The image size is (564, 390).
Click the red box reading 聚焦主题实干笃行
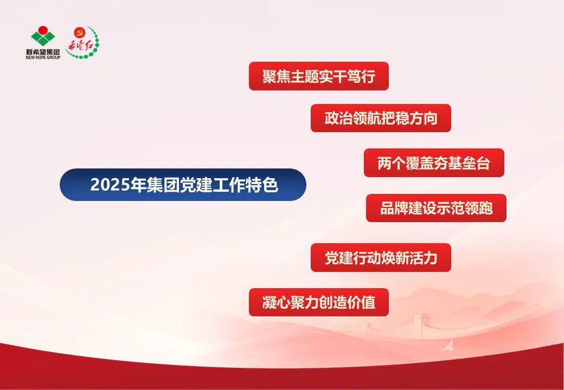coord(319,76)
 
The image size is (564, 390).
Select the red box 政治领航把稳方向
coord(381,118)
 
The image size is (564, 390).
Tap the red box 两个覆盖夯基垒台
coord(434,163)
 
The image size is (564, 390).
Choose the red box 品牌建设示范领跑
coord(437,209)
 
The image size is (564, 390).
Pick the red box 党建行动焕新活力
coord(381,257)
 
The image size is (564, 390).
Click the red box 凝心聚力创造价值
coord(319,302)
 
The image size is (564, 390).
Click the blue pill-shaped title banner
coord(183,185)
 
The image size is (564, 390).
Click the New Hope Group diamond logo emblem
coord(43,36)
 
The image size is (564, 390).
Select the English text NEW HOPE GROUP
coord(43,57)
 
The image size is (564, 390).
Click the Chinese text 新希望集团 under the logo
coord(43,52)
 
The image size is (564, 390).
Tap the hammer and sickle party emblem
coord(79,33)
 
